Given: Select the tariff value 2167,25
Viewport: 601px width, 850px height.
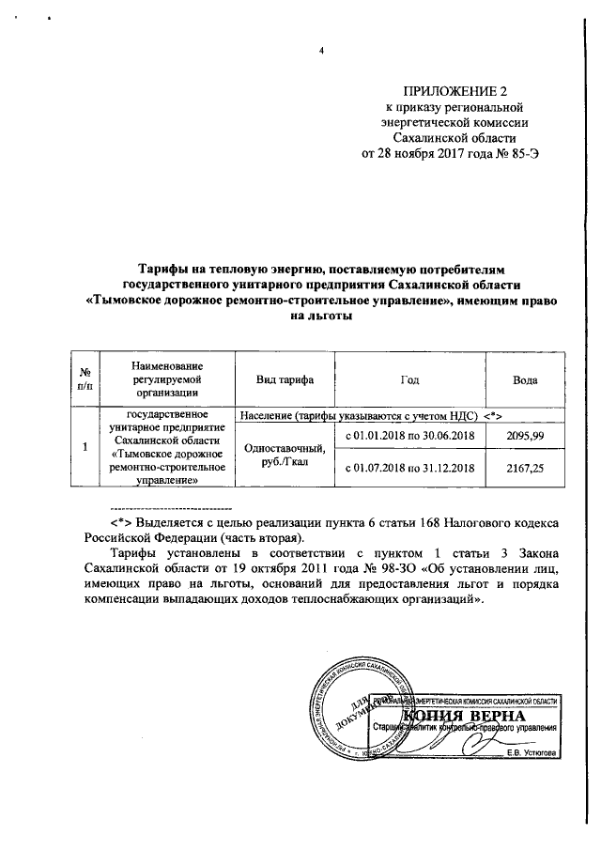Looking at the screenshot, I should pos(524,467).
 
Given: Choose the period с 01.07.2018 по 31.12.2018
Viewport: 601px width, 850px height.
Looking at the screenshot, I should pos(408,467).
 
